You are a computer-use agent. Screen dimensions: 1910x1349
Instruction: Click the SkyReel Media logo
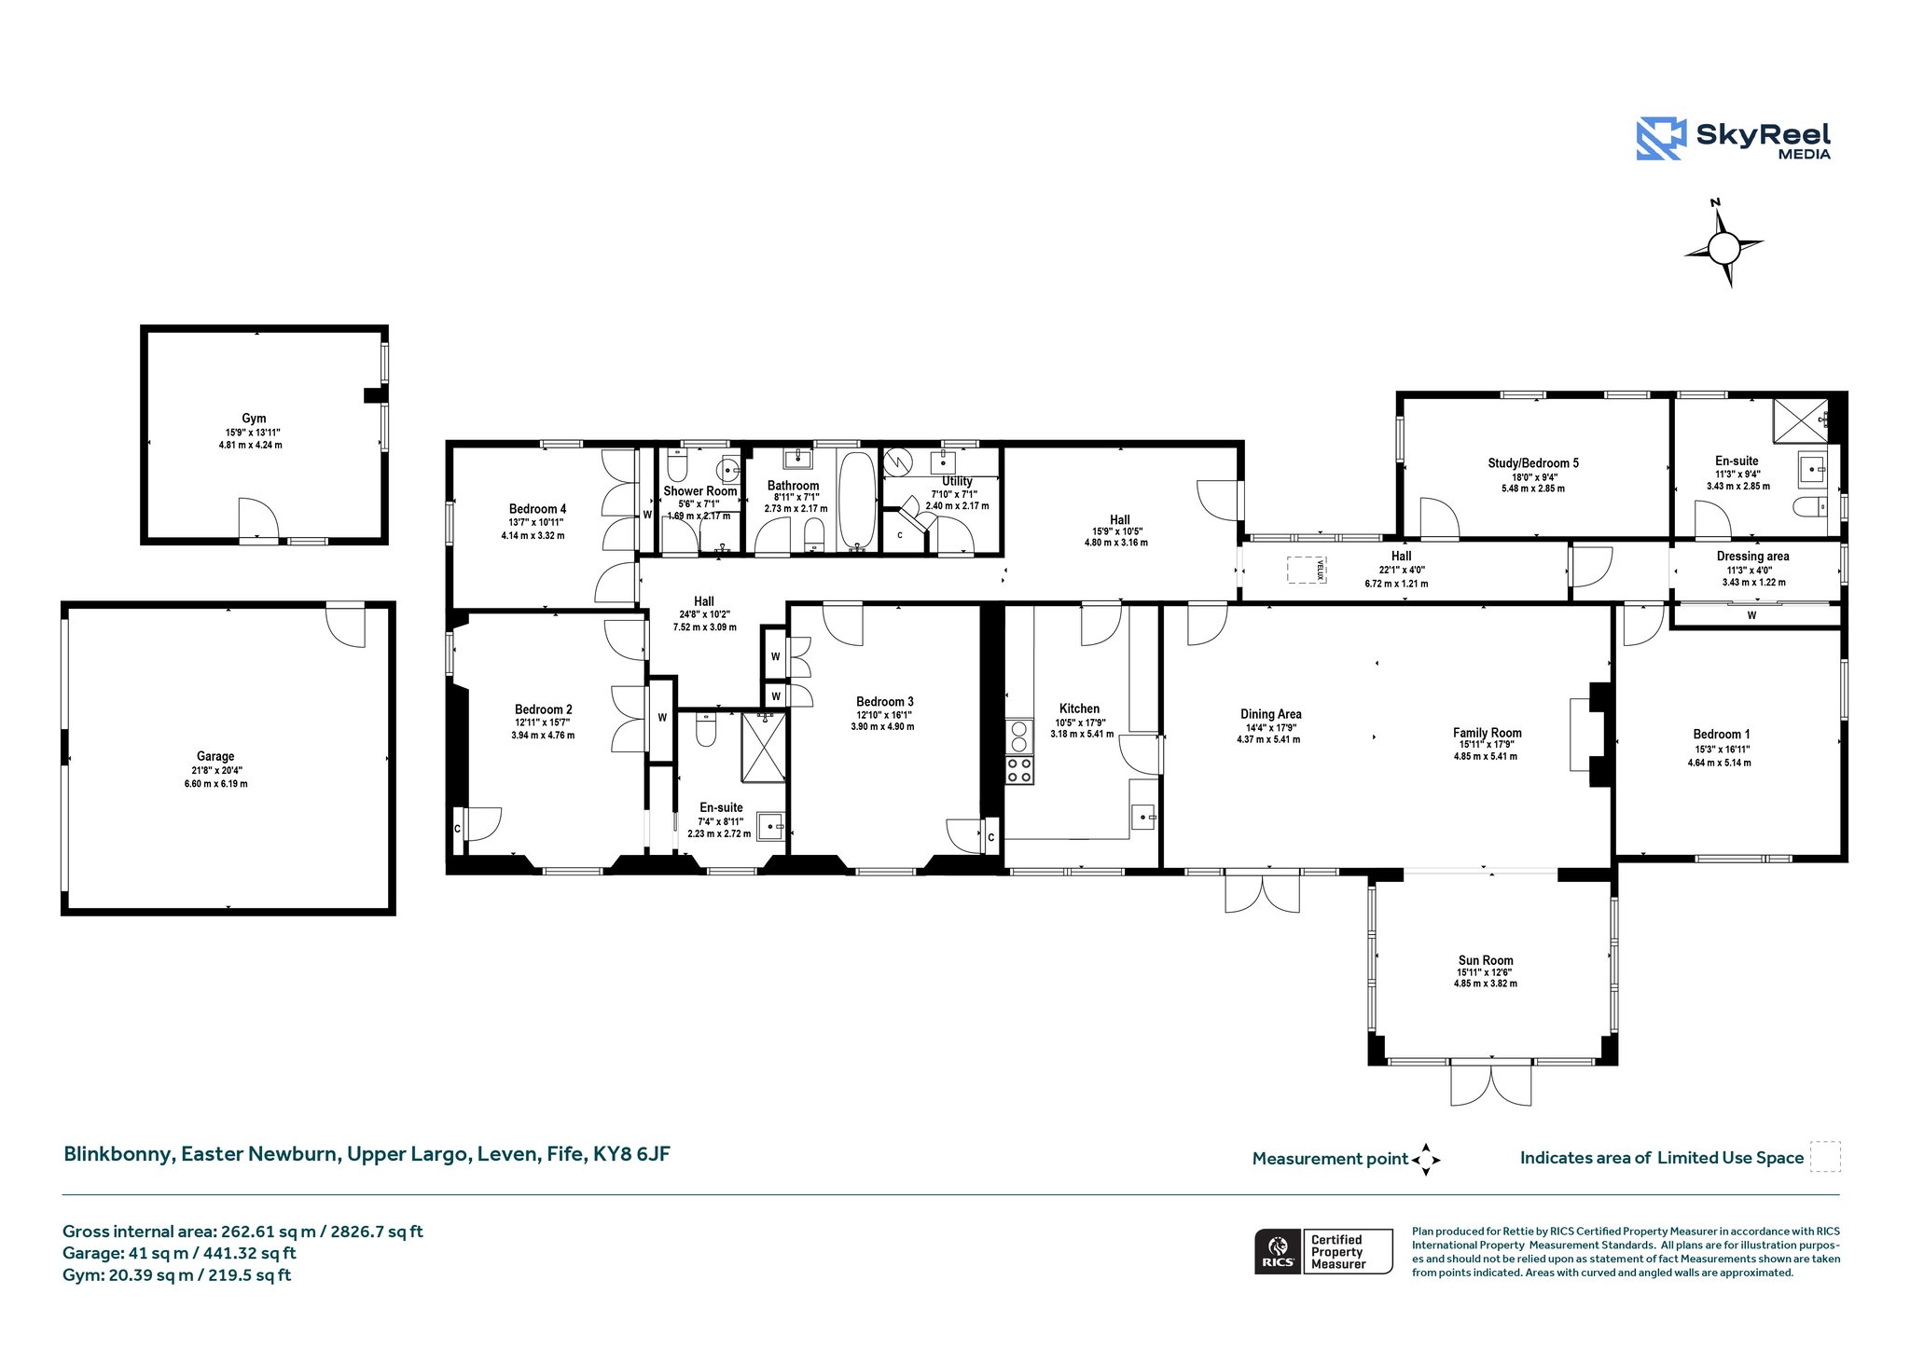(x=1733, y=140)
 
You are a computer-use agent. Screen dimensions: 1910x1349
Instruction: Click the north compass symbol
(x=1723, y=245)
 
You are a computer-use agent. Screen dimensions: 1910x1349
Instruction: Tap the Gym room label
(x=254, y=419)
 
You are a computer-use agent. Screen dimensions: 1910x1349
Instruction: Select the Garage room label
(x=215, y=756)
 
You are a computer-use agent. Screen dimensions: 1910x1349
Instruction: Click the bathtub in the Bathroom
(x=856, y=499)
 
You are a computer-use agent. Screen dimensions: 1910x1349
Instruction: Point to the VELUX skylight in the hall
(x=1307, y=570)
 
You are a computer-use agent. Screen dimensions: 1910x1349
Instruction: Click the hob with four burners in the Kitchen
(x=1019, y=770)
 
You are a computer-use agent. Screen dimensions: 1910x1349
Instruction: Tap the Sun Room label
(x=1486, y=960)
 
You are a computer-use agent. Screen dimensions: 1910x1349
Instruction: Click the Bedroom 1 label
(x=1722, y=734)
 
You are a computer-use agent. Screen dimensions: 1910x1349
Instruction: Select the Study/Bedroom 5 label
(x=1533, y=462)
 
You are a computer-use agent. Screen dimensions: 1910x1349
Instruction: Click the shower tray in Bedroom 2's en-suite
(x=764, y=747)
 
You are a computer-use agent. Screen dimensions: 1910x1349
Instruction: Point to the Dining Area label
(x=1270, y=714)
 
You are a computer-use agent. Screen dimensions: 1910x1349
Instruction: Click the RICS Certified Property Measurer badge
(x=1323, y=1251)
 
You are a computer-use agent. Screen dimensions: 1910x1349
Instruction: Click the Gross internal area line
(x=242, y=1232)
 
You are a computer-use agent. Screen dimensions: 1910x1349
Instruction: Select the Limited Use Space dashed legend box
(x=1825, y=1157)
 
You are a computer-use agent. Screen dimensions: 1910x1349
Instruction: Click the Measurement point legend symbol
(x=1426, y=1160)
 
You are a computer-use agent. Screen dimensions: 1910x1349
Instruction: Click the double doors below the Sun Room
(x=1491, y=1083)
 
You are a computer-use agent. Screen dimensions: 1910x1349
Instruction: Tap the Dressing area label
(x=1752, y=557)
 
